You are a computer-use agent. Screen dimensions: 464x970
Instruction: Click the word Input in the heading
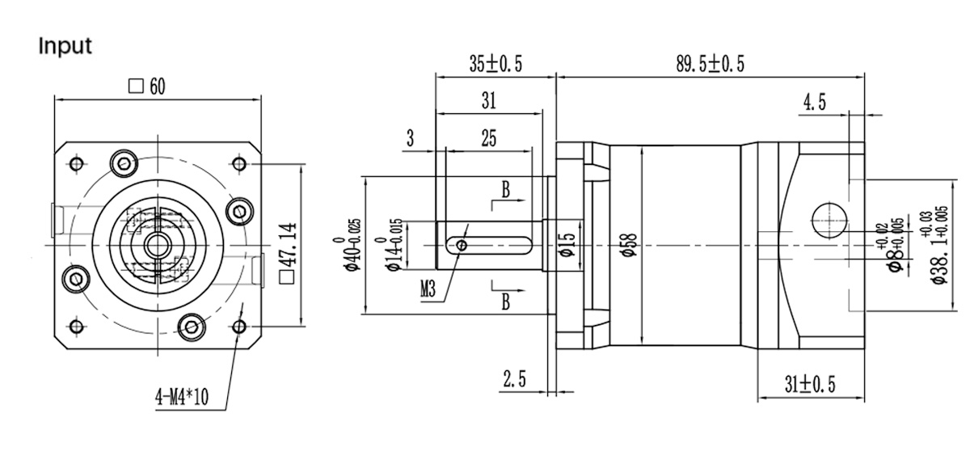pyautogui.click(x=65, y=46)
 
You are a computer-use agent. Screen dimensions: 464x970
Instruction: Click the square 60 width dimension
pyautogui.click(x=147, y=86)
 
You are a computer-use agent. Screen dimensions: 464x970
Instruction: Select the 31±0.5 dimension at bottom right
pyautogui.click(x=811, y=385)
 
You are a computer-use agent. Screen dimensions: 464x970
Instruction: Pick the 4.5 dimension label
pyautogui.click(x=814, y=102)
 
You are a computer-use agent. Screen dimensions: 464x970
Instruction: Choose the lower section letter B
pyautogui.click(x=505, y=302)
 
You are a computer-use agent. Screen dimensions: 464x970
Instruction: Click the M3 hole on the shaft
pyautogui.click(x=462, y=244)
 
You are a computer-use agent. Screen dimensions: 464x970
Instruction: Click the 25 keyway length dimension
pyautogui.click(x=488, y=138)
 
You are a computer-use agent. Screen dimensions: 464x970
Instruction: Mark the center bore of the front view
pyautogui.click(x=155, y=244)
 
